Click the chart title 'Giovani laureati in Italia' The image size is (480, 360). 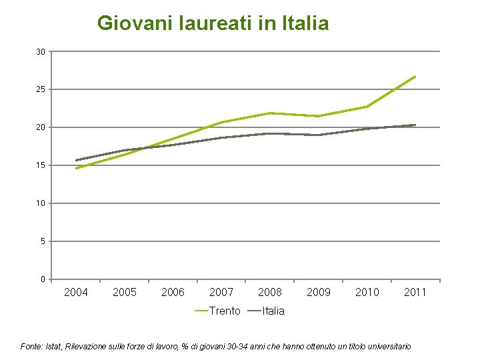[x=213, y=24]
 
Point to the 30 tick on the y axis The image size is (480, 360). [x=41, y=52]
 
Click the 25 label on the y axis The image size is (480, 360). [x=41, y=89]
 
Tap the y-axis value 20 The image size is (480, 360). [x=41, y=127]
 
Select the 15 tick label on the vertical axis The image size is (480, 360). [x=41, y=165]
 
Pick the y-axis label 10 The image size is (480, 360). [x=41, y=203]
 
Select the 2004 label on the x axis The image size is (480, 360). [x=76, y=292]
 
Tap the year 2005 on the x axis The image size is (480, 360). [x=125, y=292]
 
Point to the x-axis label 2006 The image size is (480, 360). [x=173, y=292]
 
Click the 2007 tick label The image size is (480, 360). [x=221, y=292]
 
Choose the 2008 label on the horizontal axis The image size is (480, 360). [x=270, y=292]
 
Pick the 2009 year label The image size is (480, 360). [x=319, y=292]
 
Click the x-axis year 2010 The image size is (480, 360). [x=367, y=292]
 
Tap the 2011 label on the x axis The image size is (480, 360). [x=415, y=292]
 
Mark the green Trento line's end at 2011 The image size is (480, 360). [x=415, y=77]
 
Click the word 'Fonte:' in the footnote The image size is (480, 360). [x=33, y=347]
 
